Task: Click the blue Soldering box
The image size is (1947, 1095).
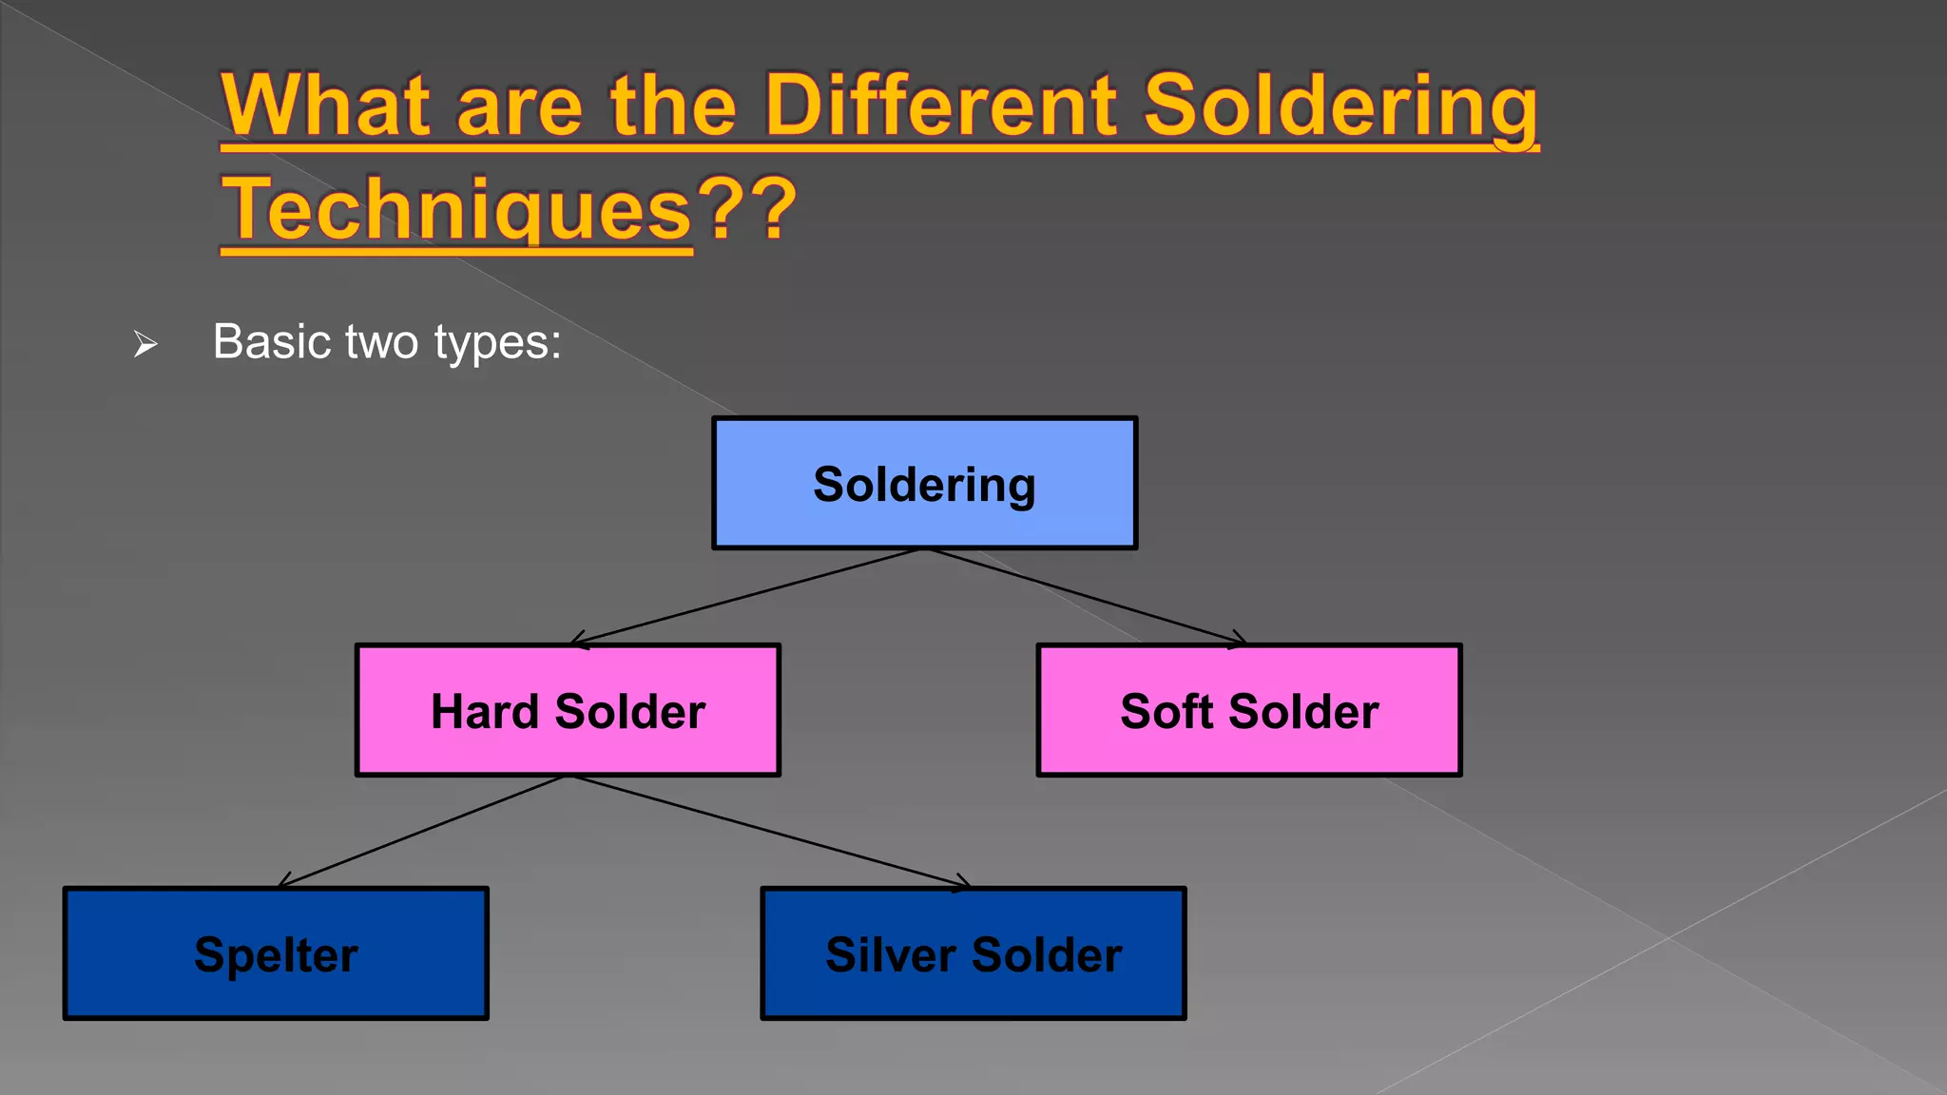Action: click(x=924, y=483)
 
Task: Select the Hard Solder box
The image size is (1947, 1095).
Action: click(x=568, y=711)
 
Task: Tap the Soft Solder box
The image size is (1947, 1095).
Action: click(x=1249, y=711)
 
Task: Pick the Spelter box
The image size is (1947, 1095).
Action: click(x=276, y=954)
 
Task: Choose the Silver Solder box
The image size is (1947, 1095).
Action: click(x=973, y=954)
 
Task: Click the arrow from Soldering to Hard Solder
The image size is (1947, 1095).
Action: click(x=746, y=597)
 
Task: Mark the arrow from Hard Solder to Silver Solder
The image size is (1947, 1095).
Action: click(x=770, y=832)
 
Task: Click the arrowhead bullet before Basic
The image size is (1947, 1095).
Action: click(x=145, y=343)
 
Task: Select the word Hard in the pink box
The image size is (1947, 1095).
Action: click(x=484, y=711)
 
